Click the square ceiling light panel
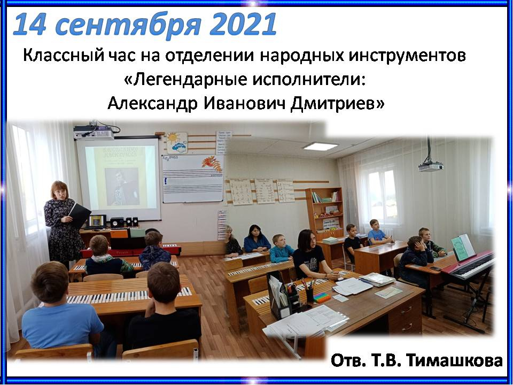pyautogui.click(x=320, y=147)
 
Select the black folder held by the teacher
pyautogui.click(x=80, y=215)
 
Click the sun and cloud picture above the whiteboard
pyautogui.click(x=177, y=143)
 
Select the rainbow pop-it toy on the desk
pyautogui.click(x=323, y=298)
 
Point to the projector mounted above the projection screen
pyautogui.click(x=93, y=133)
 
